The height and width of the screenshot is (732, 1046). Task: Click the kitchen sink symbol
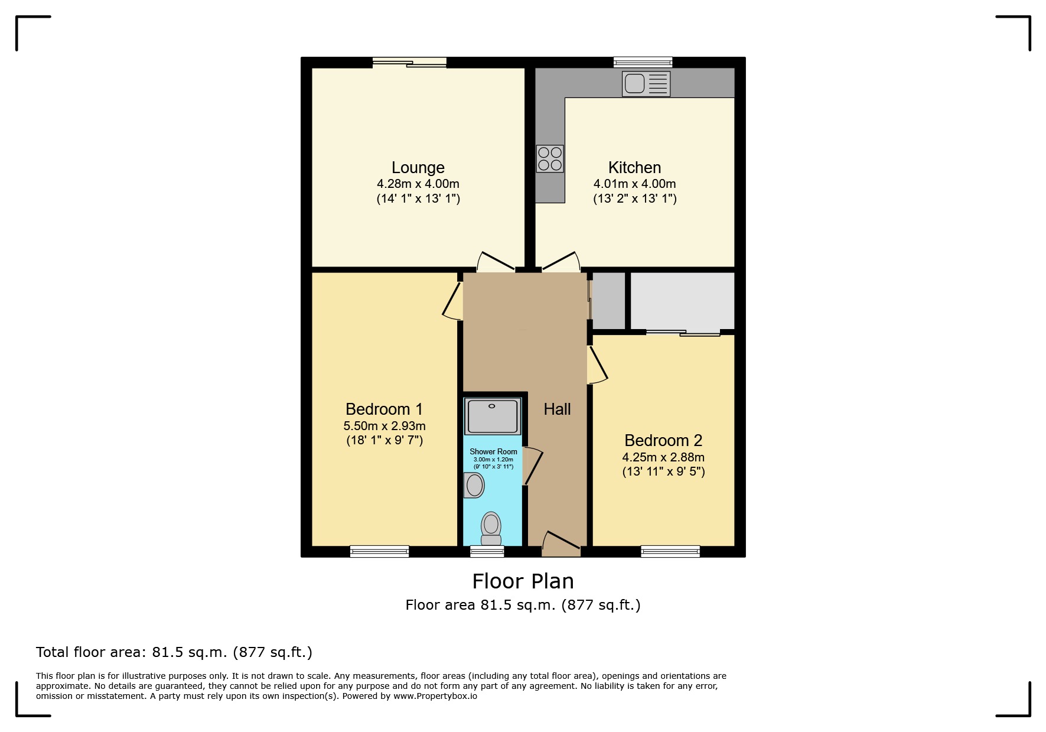click(646, 83)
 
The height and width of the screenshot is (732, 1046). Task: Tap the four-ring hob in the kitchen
click(550, 159)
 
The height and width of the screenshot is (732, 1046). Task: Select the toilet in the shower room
click(491, 528)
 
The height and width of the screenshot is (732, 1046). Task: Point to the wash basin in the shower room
click(474, 486)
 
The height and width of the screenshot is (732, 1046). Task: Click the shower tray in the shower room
click(493, 416)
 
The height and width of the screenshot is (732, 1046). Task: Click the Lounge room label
click(418, 168)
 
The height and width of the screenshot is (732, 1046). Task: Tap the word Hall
click(557, 409)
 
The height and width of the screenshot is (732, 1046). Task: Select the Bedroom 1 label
click(384, 409)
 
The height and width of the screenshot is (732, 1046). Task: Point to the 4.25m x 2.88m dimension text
click(663, 457)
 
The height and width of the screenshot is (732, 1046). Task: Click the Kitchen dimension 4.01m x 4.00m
click(634, 184)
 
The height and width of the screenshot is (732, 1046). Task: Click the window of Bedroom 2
click(670, 551)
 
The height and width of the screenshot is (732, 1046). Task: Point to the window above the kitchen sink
click(643, 62)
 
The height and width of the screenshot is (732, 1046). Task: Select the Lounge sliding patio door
click(409, 63)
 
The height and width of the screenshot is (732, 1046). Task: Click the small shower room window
click(487, 551)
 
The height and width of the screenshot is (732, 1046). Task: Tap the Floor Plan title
click(523, 581)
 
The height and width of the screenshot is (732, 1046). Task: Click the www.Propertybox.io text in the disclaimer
click(435, 696)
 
